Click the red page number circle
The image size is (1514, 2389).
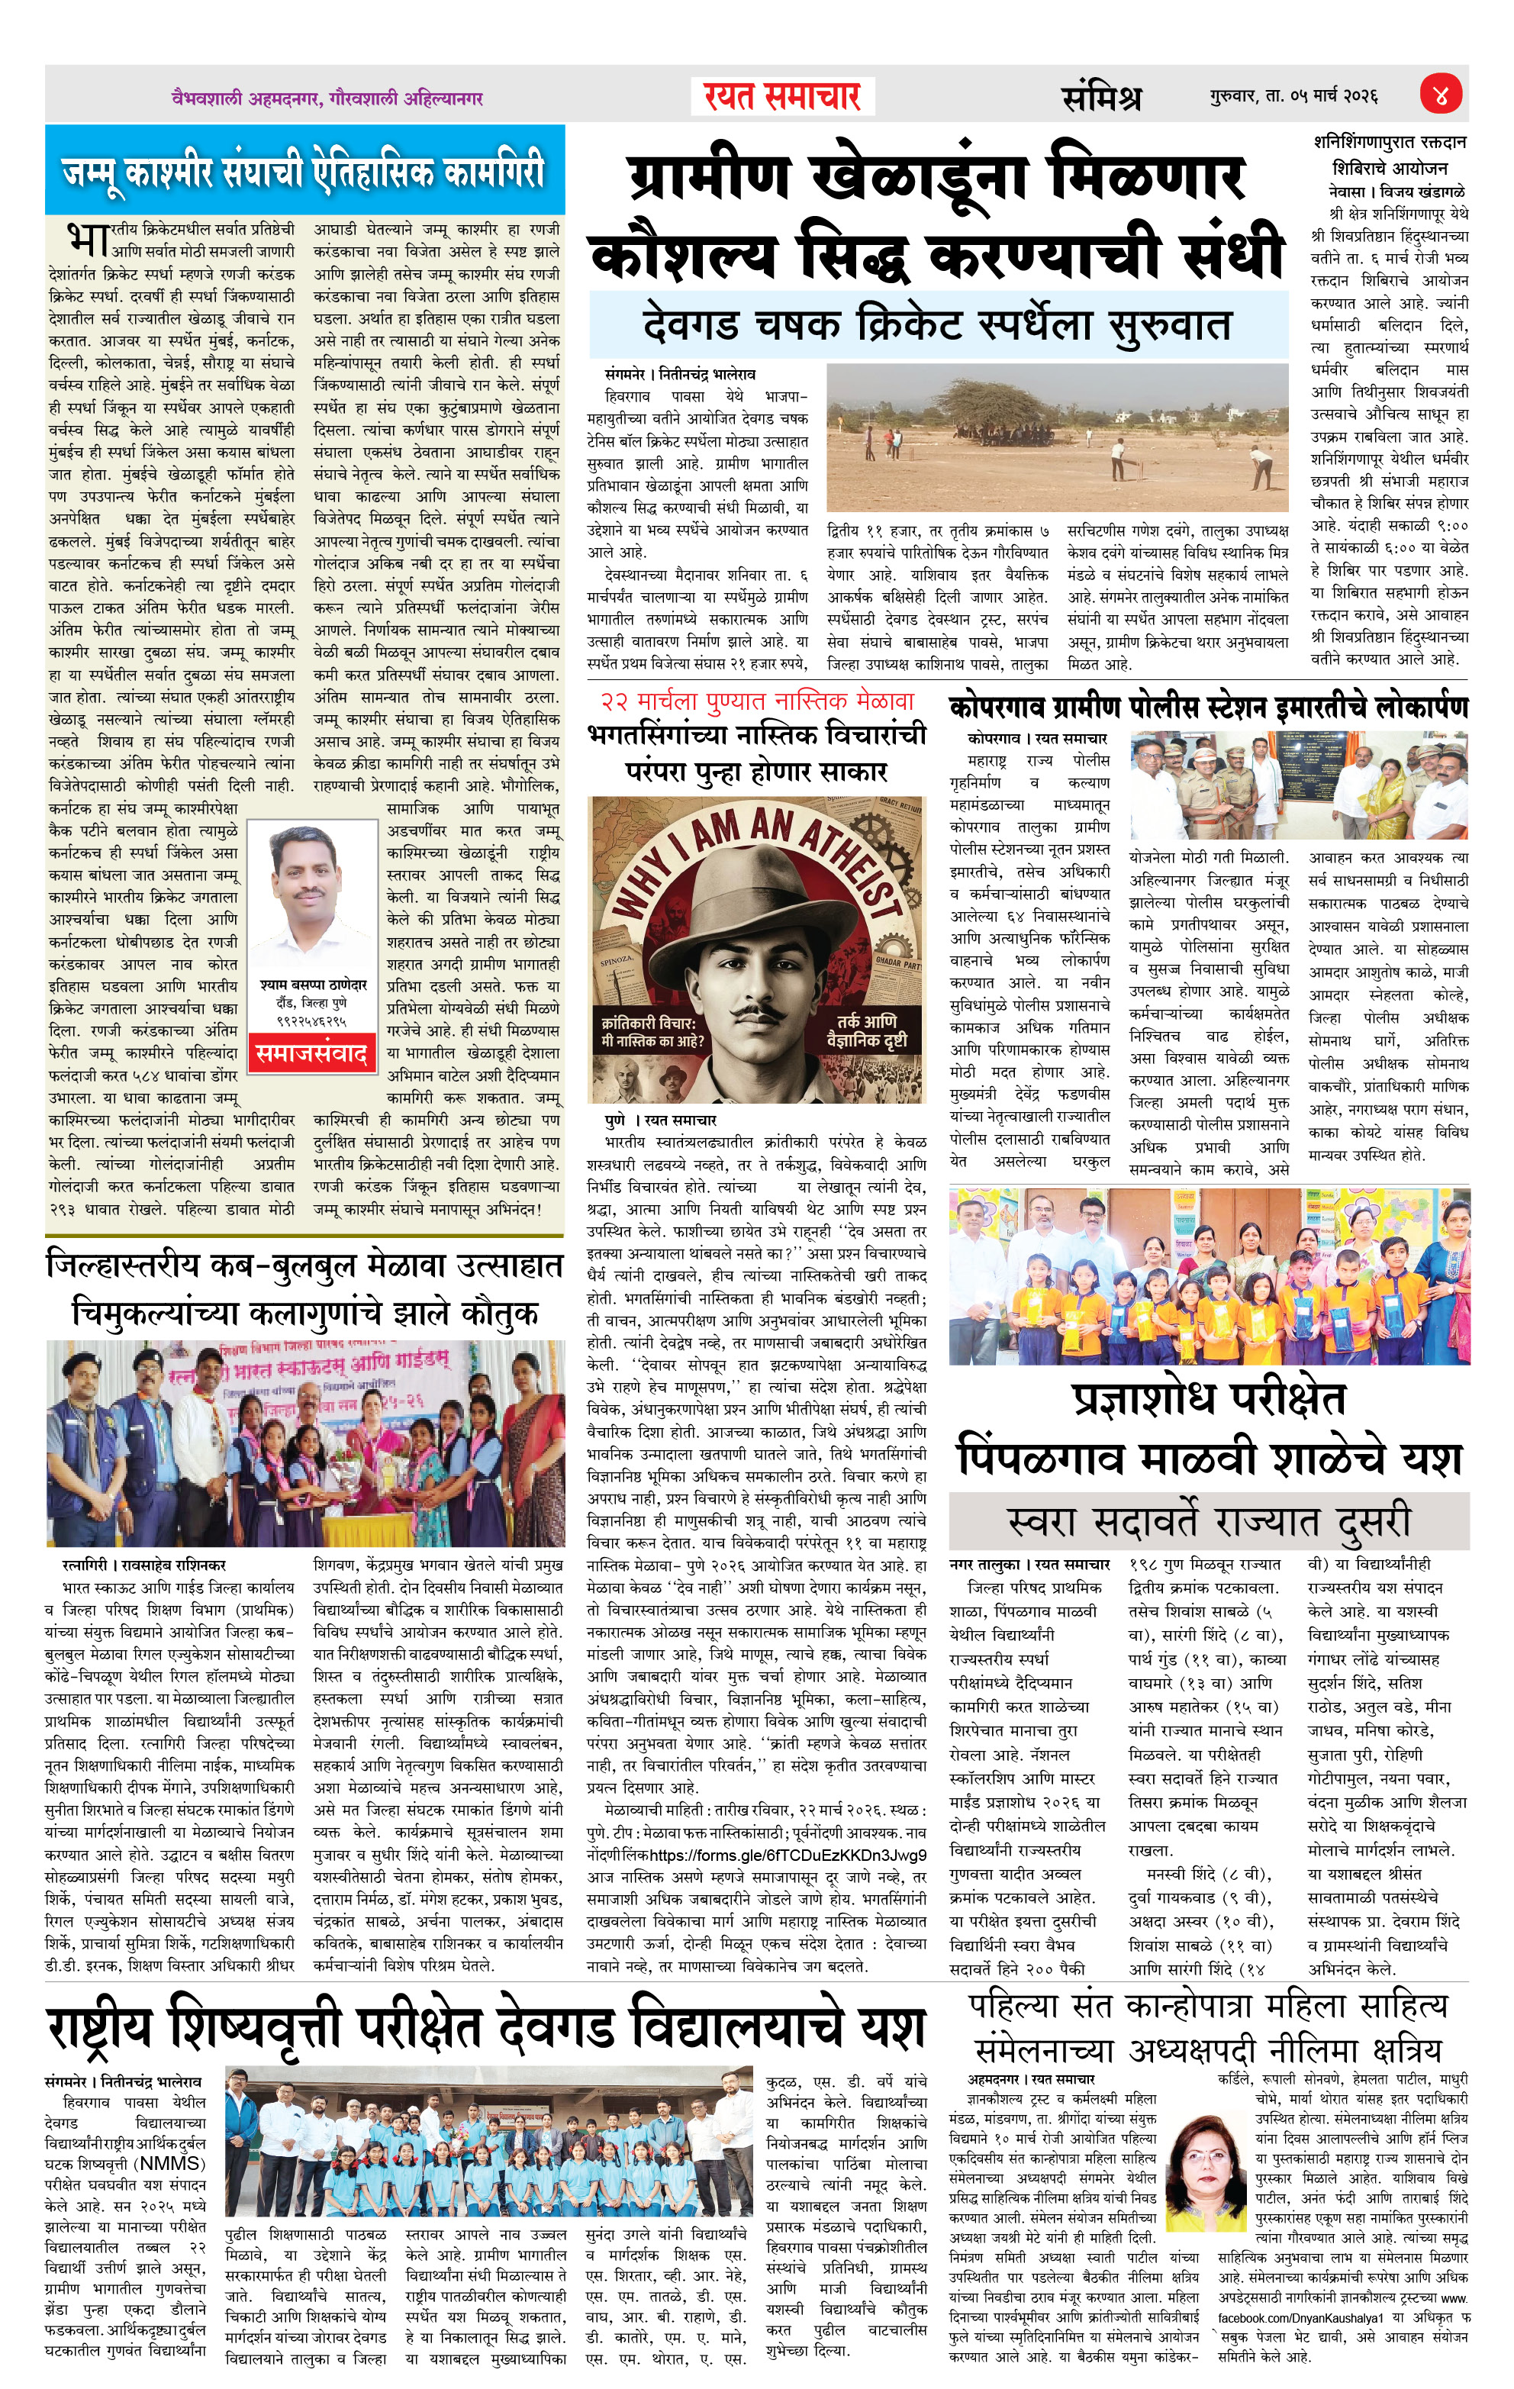click(x=1442, y=95)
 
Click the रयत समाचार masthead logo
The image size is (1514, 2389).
click(x=782, y=96)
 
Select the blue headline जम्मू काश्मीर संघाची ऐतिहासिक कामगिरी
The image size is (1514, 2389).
click(x=304, y=171)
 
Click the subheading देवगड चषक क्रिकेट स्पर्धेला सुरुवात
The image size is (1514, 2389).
click(x=936, y=325)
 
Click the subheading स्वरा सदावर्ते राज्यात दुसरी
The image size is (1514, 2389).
click(x=1209, y=1522)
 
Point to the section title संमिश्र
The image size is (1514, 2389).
click(x=1100, y=97)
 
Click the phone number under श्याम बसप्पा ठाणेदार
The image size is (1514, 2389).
click(x=311, y=1019)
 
